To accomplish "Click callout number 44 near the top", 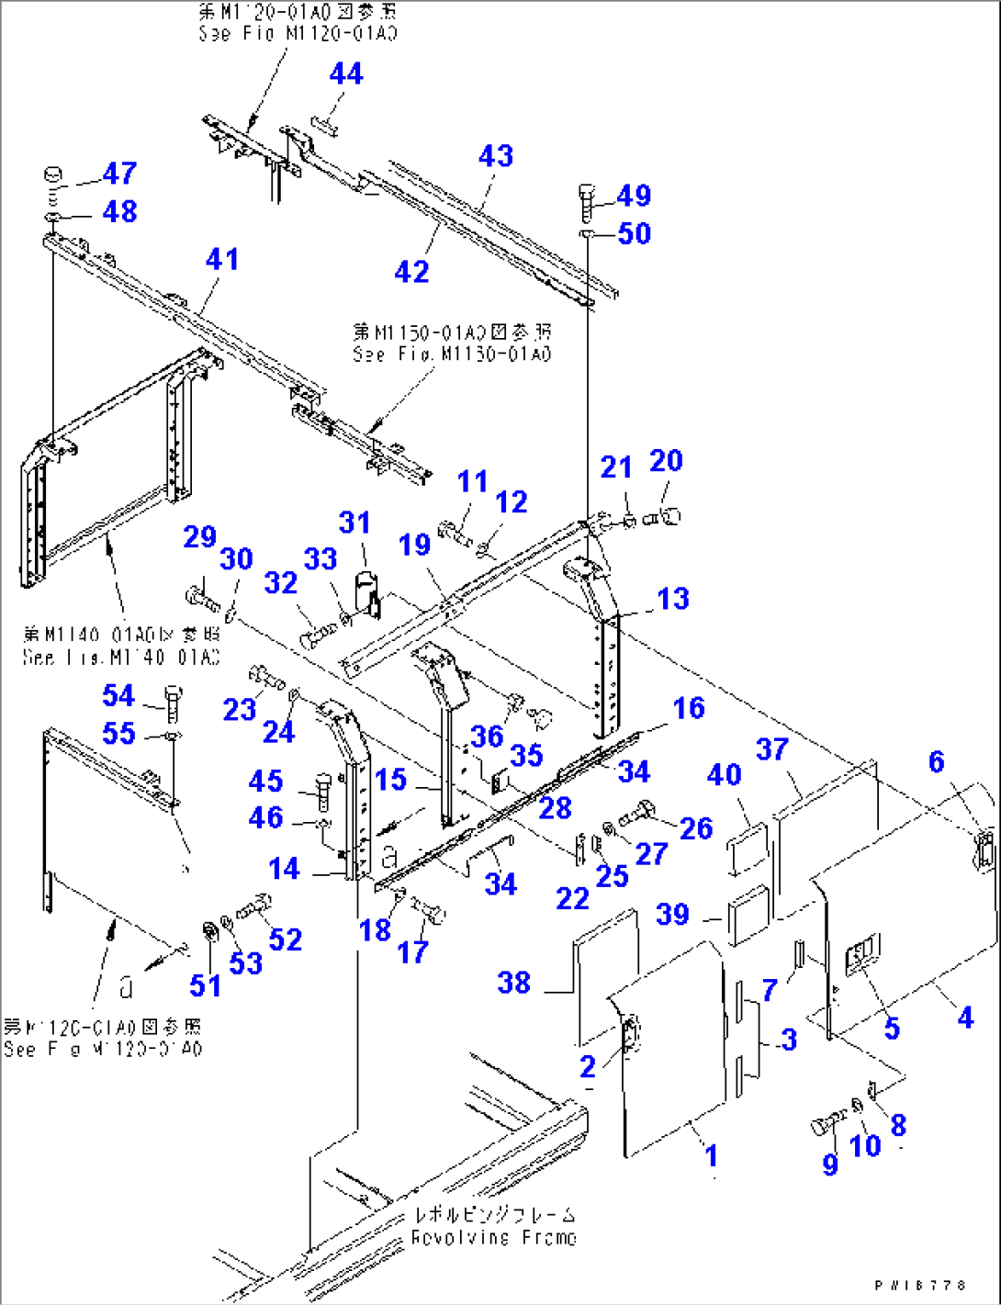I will [346, 73].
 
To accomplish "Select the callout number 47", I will [119, 173].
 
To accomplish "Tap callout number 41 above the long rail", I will [222, 259].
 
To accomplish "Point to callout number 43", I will [496, 156].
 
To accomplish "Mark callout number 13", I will [673, 599].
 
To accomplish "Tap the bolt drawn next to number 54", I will [173, 703].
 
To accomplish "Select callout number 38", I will [514, 983].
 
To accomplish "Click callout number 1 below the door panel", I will [711, 1154].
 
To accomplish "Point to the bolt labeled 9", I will [827, 1124].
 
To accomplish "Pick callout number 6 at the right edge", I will [936, 761].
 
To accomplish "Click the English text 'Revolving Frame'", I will [493, 1237].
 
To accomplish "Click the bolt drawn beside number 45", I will [321, 788].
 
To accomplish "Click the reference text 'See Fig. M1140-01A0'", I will [121, 658].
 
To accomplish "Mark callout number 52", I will [286, 939].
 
